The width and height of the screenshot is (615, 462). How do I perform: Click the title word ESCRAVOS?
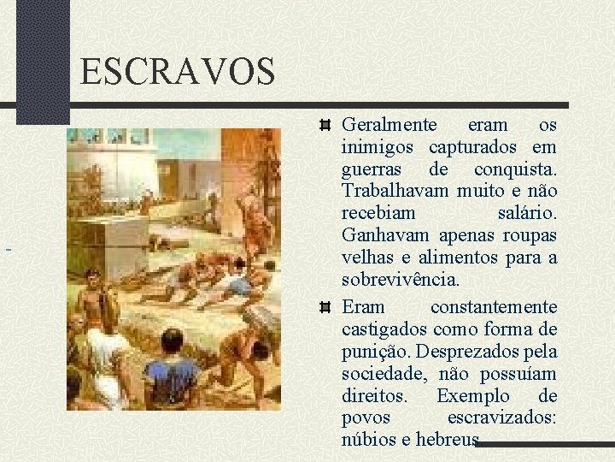point(178,71)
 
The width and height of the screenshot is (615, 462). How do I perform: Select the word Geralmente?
point(389,125)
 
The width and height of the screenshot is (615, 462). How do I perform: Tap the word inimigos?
point(380,147)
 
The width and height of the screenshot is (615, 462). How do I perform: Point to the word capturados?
point(477,147)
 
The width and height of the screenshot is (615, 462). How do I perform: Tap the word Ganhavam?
point(386,235)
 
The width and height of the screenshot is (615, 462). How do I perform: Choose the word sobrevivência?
point(401,280)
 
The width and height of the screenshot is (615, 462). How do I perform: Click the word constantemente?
point(494,306)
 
